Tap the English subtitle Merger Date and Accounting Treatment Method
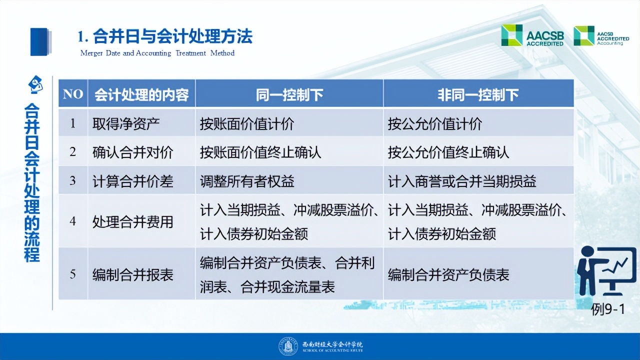157,53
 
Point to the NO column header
73,94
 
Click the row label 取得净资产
126,123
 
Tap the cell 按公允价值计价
434,123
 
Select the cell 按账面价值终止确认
260,152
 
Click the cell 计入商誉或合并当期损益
462,181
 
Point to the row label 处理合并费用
133,221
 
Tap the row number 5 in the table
73,274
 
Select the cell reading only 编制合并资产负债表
448,274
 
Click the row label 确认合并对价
133,152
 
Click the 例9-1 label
607,309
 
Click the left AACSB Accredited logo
532,36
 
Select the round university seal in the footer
288,346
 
